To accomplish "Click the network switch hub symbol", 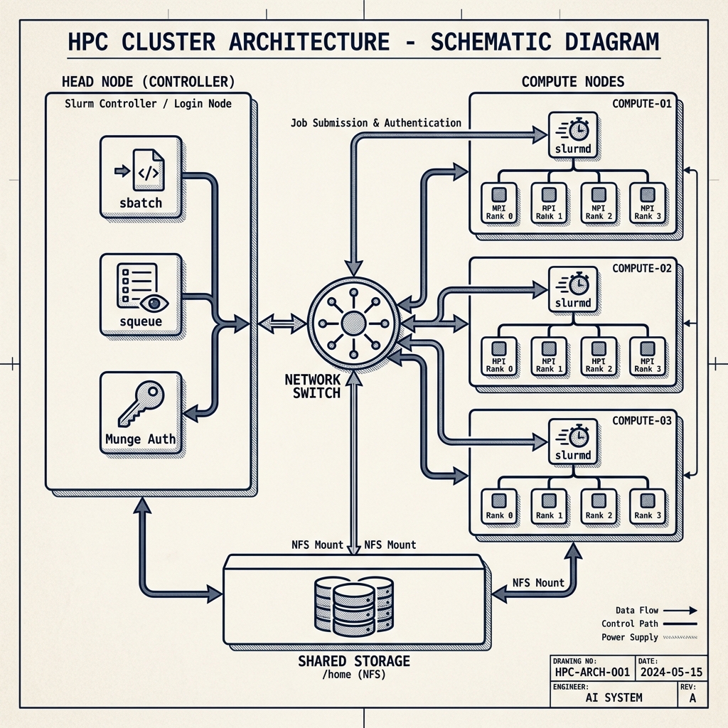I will (353, 323).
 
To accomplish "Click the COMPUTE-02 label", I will (641, 269).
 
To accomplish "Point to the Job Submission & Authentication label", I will (376, 123).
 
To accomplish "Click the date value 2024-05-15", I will (672, 672).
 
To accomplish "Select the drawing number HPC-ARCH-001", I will (591, 672).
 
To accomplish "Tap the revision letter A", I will (692, 698).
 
